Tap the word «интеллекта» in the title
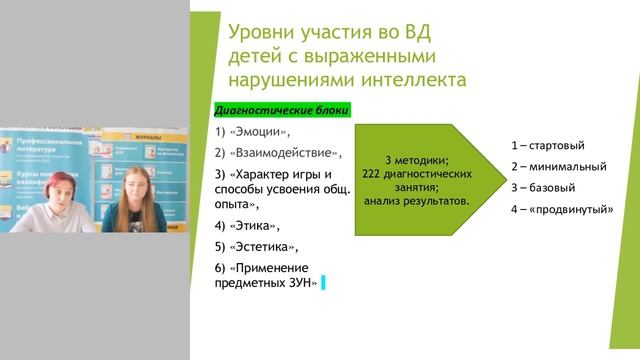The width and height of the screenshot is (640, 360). click(414, 79)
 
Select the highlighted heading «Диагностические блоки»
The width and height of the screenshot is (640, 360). click(281, 111)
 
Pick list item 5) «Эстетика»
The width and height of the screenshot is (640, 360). click(257, 246)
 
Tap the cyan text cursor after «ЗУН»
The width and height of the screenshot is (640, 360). click(324, 284)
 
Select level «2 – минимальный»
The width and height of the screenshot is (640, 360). click(557, 165)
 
